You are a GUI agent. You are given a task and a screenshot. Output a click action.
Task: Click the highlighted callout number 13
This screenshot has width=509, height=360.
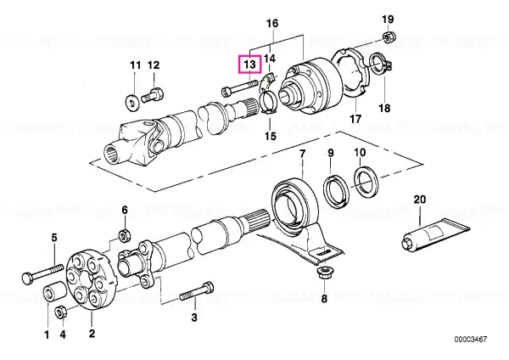tap(249, 64)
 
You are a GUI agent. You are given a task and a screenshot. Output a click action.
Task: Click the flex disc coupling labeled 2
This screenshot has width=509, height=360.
tap(92, 280)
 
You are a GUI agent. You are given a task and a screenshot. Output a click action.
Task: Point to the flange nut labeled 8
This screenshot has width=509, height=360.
tap(324, 276)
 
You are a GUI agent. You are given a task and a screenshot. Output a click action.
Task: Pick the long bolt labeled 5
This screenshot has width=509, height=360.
tap(42, 273)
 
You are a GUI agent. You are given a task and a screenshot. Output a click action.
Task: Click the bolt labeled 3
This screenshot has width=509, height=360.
tap(197, 292)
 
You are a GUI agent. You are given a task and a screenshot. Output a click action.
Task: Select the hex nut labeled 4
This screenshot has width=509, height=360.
tap(61, 312)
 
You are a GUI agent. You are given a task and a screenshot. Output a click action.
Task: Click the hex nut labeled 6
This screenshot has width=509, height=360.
tap(124, 235)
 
